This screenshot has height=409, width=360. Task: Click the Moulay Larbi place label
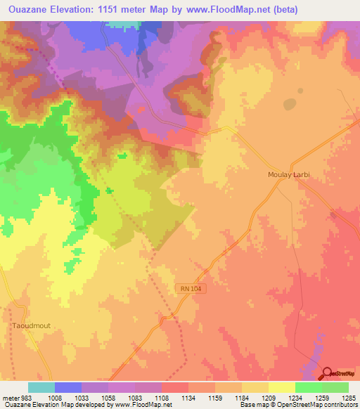[289, 174]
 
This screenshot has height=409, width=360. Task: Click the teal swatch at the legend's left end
[41, 387]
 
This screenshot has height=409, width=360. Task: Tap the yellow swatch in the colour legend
[282, 387]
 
